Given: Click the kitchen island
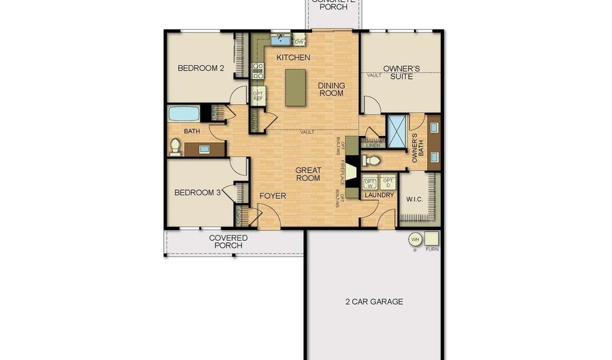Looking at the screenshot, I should click(295, 88).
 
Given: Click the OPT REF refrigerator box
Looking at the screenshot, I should click(258, 96).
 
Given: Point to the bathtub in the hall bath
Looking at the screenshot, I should click(184, 113).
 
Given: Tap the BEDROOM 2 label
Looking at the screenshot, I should click(201, 68).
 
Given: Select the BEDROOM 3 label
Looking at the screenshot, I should click(197, 193).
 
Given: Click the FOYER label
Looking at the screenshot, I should click(273, 196).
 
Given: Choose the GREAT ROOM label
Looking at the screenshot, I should click(308, 174).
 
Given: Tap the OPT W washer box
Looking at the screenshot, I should click(370, 182).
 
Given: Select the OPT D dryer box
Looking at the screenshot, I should click(388, 182).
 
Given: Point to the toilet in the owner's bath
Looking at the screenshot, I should click(371, 161).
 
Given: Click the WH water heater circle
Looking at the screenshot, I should click(413, 239).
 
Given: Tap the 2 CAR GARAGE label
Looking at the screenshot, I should click(375, 301).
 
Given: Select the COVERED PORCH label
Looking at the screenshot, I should click(228, 242).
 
